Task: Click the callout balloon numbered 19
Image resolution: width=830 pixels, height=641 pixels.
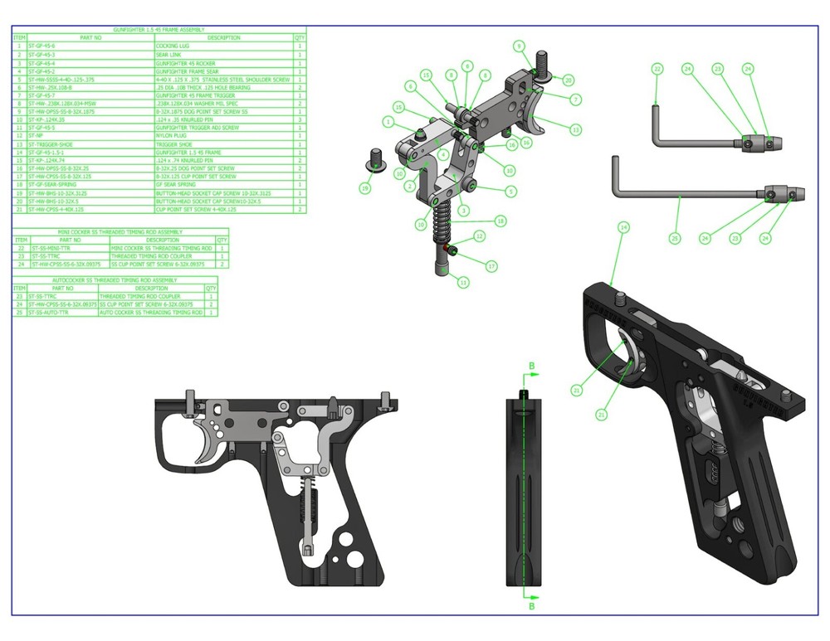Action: (x=364, y=189)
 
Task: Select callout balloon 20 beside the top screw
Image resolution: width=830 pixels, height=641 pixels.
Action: (x=569, y=80)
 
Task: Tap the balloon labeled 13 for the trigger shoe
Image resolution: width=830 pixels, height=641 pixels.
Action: (x=576, y=129)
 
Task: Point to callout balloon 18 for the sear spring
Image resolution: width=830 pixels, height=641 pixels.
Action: (x=500, y=221)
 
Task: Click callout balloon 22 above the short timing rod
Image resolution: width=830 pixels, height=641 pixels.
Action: (x=657, y=69)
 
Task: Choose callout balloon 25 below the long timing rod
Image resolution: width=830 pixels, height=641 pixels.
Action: (x=674, y=238)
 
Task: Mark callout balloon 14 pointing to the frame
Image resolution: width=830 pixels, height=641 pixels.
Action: (x=623, y=226)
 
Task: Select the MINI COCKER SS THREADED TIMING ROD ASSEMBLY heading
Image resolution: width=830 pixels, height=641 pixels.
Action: (x=120, y=231)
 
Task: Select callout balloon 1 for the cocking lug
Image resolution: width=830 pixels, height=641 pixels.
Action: (x=388, y=122)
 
